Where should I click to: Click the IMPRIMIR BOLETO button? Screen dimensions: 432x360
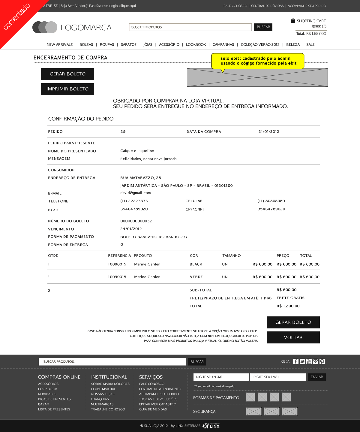pyautogui.click(x=67, y=89)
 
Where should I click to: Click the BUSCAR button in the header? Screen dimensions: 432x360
pyautogui.click(x=263, y=27)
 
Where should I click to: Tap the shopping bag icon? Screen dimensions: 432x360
pyautogui.click(x=293, y=21)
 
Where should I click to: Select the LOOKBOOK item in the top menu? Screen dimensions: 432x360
pyautogui.click(x=196, y=44)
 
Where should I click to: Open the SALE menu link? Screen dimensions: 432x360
pyautogui.click(x=310, y=44)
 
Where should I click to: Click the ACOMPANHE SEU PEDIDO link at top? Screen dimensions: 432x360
pyautogui.click(x=307, y=6)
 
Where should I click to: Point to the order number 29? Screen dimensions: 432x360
pyautogui.click(x=123, y=131)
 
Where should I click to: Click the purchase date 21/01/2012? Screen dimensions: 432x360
pyautogui.click(x=269, y=131)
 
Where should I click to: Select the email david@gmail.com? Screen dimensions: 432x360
pyautogui.click(x=136, y=193)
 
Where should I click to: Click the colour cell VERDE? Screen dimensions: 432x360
pyautogui.click(x=196, y=277)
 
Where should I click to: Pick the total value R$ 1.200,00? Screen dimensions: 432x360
pyautogui.click(x=288, y=306)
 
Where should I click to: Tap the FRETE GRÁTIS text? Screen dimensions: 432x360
pyautogui.click(x=290, y=298)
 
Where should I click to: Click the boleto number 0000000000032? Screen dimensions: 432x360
pyautogui.click(x=136, y=221)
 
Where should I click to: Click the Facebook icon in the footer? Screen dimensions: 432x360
pyautogui.click(x=296, y=361)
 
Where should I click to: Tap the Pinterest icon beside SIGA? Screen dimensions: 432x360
pyautogui.click(x=322, y=361)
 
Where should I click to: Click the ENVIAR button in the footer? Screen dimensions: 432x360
pyautogui.click(x=317, y=377)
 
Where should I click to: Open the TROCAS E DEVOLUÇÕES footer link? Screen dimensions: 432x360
pyautogui.click(x=158, y=399)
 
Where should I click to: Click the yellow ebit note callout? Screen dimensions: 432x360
pyautogui.click(x=258, y=61)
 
